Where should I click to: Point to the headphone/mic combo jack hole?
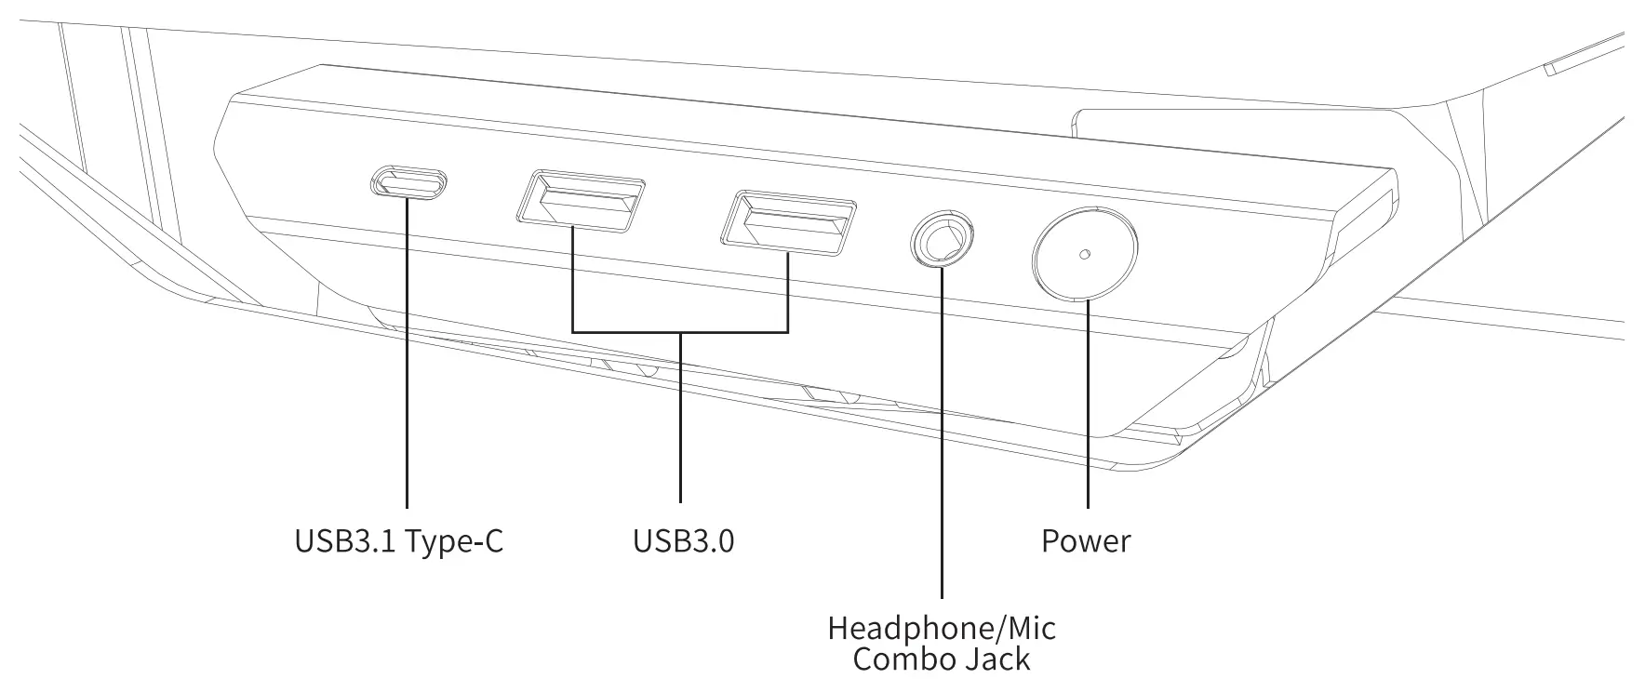[x=941, y=240]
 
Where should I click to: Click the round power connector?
[x=1085, y=251]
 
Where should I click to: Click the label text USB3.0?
[x=683, y=540]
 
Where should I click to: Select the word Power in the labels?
[x=1086, y=540]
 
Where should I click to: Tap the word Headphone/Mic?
[x=942, y=628]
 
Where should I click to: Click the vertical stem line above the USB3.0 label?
[x=680, y=419]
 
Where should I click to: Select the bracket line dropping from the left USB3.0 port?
[x=572, y=279]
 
